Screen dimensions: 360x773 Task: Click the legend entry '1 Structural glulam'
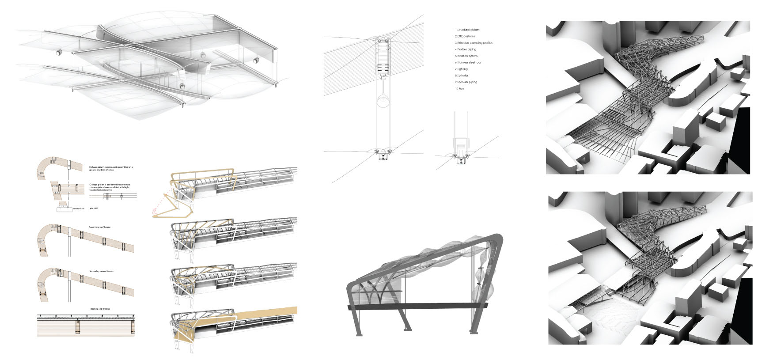[467, 30]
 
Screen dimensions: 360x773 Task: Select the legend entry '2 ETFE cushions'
[465, 36]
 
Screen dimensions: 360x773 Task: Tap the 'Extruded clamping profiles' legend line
[474, 43]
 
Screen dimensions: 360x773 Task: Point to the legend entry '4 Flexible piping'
[466, 49]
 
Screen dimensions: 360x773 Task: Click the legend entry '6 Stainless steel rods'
[468, 62]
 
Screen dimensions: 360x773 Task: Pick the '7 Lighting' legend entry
[461, 69]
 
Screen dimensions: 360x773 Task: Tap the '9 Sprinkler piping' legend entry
[466, 82]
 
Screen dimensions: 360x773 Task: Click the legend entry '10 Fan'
[459, 89]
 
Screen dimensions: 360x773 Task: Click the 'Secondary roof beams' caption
[100, 227]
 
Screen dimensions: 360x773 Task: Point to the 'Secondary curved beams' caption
[101, 271]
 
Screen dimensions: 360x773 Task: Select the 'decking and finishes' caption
[100, 309]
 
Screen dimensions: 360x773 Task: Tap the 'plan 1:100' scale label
[93, 208]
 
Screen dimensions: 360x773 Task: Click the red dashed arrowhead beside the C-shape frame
[154, 214]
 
